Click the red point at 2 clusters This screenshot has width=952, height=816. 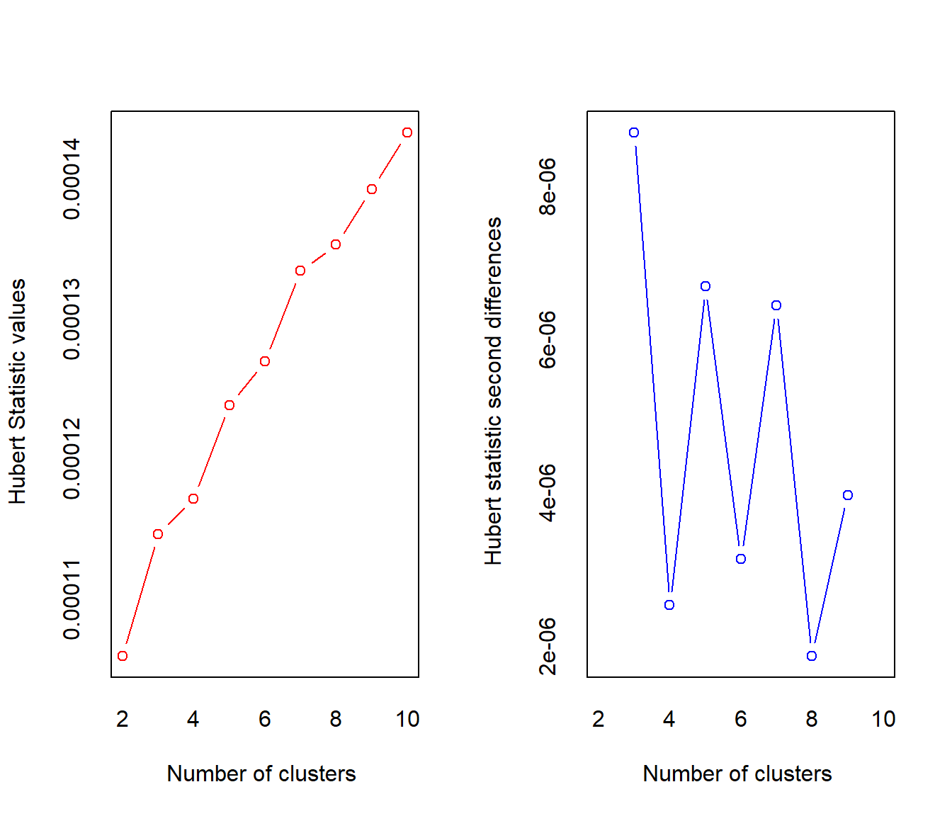click(x=123, y=656)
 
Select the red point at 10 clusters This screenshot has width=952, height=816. click(x=407, y=132)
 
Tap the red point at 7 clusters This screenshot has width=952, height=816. click(x=300, y=271)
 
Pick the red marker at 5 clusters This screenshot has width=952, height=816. click(x=229, y=405)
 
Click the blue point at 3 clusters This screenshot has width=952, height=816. click(x=634, y=132)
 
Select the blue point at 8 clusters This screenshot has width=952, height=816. click(x=812, y=656)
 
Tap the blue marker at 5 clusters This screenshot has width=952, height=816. click(x=705, y=286)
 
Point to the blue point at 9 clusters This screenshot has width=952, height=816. click(x=848, y=495)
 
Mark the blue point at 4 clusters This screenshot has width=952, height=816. click(x=669, y=605)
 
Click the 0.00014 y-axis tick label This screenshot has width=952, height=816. click(x=72, y=179)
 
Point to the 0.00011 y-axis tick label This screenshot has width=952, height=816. click(x=72, y=599)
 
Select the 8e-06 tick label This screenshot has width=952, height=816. click(x=548, y=186)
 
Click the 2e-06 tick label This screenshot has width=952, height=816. click(x=548, y=646)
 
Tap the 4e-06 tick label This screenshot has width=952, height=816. click(x=548, y=493)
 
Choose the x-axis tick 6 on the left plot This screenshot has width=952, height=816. click(x=265, y=719)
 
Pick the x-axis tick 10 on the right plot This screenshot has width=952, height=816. click(x=883, y=719)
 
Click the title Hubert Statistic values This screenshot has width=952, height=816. click(x=18, y=391)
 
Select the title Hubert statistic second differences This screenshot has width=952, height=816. click(x=494, y=391)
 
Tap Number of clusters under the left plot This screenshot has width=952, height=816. click(x=261, y=773)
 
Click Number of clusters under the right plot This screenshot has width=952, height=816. click(x=737, y=773)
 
